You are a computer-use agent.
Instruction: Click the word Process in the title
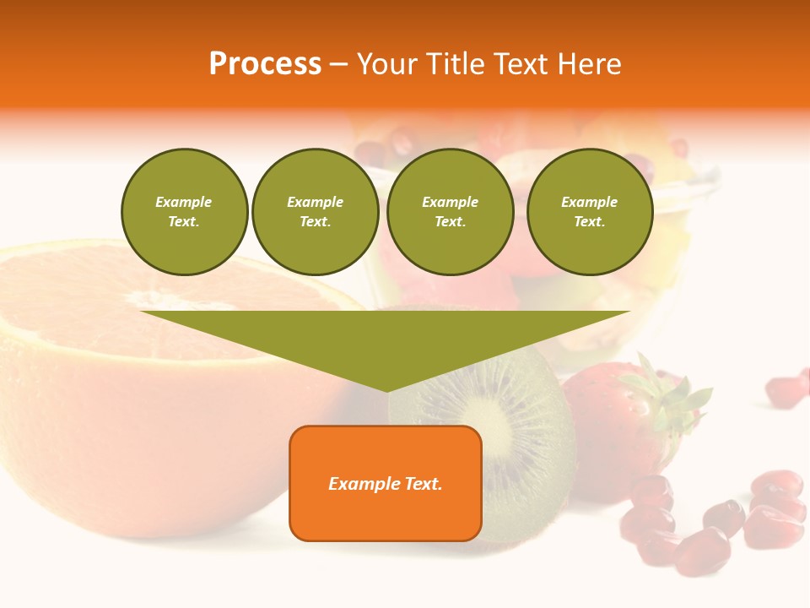pyautogui.click(x=265, y=64)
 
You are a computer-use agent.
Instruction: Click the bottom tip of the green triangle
pyautogui.click(x=387, y=389)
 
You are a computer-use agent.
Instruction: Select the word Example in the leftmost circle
pyautogui.click(x=184, y=202)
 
